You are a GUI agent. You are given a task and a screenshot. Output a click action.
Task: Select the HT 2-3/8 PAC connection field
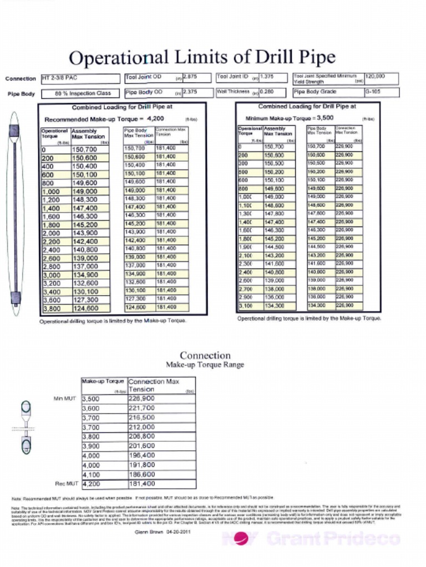coord(80,79)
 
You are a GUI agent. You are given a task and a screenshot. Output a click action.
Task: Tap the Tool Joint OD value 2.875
coord(190,78)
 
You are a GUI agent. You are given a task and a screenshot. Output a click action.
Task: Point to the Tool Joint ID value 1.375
coord(267,78)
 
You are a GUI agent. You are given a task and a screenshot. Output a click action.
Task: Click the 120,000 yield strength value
coord(375,76)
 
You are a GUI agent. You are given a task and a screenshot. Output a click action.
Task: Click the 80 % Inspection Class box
coord(83,94)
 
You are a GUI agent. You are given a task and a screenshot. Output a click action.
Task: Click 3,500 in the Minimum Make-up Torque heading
coord(323,118)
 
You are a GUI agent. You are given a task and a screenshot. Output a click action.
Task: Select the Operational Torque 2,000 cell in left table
coord(54,233)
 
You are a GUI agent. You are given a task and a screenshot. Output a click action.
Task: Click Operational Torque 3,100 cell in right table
coord(245,305)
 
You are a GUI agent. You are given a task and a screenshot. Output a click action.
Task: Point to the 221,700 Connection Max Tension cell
coord(161,408)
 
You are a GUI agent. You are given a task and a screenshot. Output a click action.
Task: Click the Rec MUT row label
coord(65,483)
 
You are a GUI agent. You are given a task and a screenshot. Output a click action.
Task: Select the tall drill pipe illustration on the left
coord(16,216)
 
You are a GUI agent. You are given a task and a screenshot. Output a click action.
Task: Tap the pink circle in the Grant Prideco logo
coord(242,538)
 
